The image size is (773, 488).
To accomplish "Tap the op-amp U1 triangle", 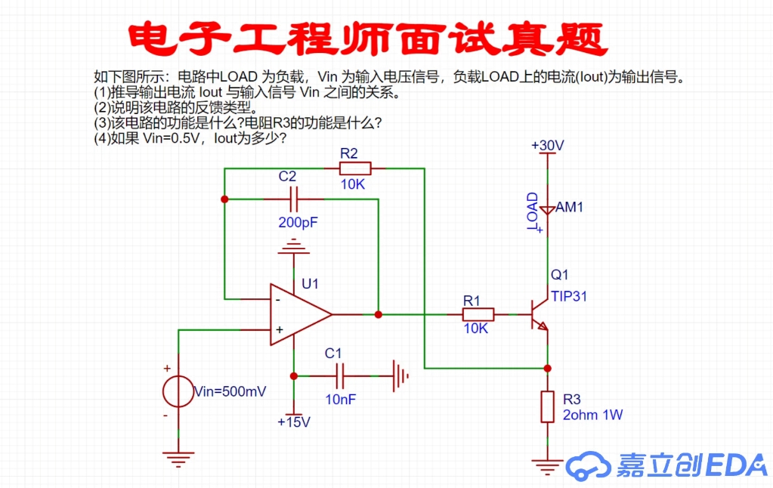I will (298, 314).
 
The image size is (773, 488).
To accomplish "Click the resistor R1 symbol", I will (478, 314).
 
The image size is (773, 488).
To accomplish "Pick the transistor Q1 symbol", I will (539, 314).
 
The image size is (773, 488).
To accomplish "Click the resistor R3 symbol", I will (548, 407).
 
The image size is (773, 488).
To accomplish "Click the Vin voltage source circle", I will (179, 392).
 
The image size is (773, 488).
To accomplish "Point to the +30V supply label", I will (548, 145).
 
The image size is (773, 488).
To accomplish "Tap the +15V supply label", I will (294, 422).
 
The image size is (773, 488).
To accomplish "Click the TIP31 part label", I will (568, 296).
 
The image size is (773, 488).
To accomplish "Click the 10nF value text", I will (341, 400).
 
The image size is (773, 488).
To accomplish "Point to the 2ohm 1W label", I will (593, 415).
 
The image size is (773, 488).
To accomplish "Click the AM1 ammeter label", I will (570, 207).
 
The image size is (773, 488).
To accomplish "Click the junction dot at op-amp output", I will (379, 314).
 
